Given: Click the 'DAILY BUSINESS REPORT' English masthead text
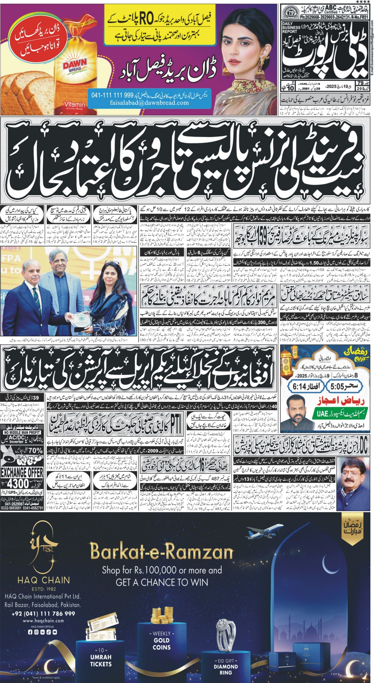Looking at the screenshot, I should pos(291,27).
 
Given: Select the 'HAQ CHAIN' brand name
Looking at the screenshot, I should pos(44,580).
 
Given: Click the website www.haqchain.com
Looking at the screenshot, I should pos(43,620).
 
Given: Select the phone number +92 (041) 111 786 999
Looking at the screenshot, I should pos(44,614).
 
